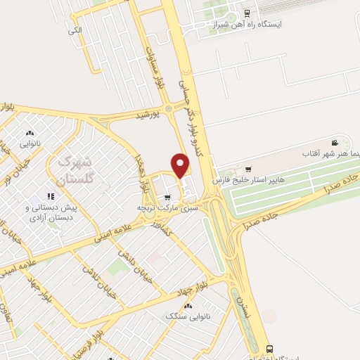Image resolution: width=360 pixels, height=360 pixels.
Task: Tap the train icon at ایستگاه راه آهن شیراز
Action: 245,13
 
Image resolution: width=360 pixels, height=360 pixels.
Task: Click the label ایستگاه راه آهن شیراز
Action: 250,24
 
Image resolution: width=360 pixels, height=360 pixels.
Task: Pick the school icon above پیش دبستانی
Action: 50,196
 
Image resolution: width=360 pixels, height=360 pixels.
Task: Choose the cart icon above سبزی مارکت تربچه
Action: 167,197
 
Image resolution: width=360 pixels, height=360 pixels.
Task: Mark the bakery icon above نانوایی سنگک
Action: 188,306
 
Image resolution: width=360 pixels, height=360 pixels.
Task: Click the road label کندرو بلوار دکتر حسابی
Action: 194,105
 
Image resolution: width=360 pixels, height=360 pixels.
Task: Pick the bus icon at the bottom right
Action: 269,349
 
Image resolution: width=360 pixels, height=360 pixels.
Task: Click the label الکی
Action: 75,30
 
